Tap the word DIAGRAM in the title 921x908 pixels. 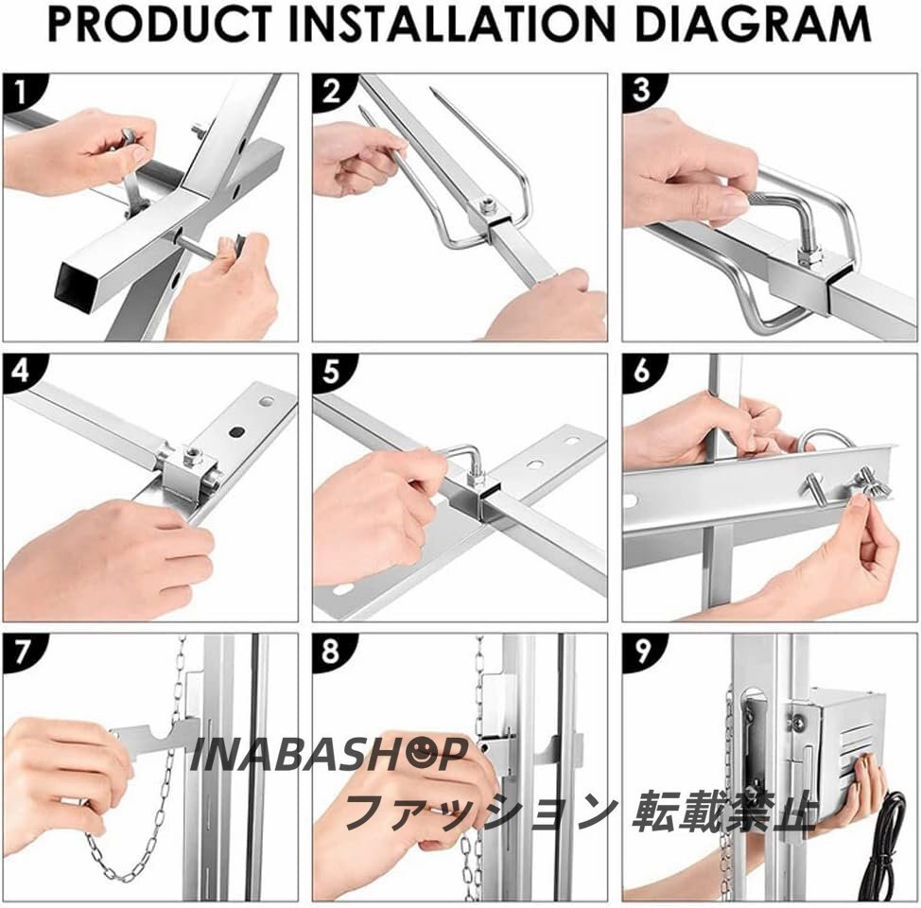pos(753,24)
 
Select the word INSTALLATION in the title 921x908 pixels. pos(452,24)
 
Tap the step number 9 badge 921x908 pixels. pos(642,651)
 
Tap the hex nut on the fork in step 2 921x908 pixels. pos(488,206)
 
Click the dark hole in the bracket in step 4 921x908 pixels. pos(236,432)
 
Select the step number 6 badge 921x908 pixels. pos(642,372)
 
